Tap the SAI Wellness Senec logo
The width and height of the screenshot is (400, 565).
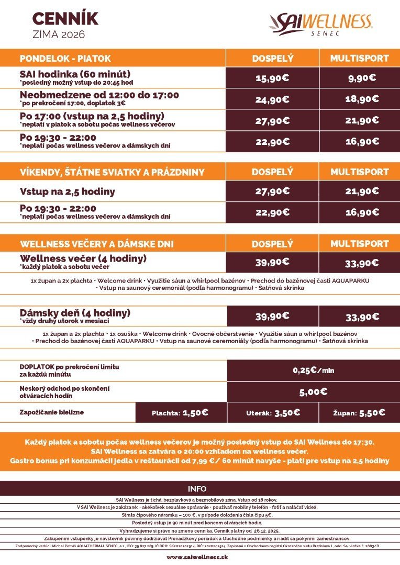pyautogui.click(x=320, y=24)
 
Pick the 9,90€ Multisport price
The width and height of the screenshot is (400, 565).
pyautogui.click(x=362, y=78)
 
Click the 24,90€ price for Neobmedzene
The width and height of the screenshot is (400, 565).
pyautogui.click(x=272, y=99)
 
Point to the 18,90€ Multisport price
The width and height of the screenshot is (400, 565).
pyautogui.click(x=362, y=99)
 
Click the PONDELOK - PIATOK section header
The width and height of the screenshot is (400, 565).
pyautogui.click(x=65, y=58)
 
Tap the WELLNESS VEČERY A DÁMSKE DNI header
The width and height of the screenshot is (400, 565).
pyautogui.click(x=97, y=244)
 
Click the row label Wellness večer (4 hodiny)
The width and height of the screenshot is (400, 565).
pyautogui.click(x=83, y=258)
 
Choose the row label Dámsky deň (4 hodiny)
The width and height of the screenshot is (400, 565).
pyautogui.click(x=75, y=313)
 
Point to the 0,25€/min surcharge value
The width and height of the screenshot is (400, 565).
pyautogui.click(x=313, y=370)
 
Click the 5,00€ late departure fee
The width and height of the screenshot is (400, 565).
pyautogui.click(x=313, y=391)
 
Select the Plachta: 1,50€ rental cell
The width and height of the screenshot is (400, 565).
pyautogui.click(x=180, y=412)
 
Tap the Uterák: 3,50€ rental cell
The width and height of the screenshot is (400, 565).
pyautogui.click(x=273, y=412)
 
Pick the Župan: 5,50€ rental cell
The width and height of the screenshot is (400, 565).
pyautogui.click(x=359, y=412)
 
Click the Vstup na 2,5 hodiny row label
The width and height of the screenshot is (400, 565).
pyautogui.click(x=68, y=191)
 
